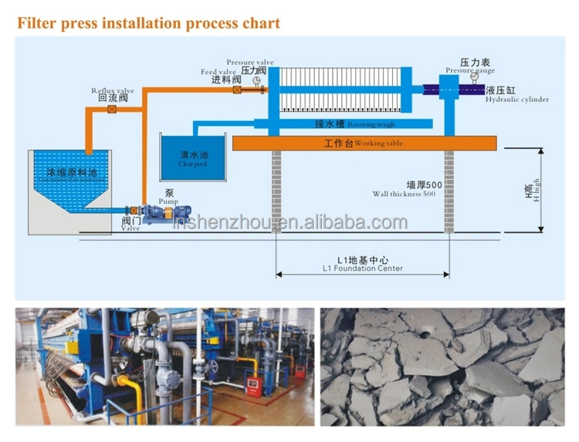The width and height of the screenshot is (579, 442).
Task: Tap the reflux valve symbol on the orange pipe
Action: [x=112, y=110]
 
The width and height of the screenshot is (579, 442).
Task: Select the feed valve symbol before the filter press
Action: [x=237, y=90]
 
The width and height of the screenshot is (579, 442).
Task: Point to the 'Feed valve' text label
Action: [x=219, y=76]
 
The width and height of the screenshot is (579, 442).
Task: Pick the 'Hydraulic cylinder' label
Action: [x=517, y=95]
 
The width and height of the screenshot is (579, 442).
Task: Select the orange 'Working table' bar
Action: [x=364, y=143]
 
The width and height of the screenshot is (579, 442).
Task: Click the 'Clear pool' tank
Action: [x=194, y=158]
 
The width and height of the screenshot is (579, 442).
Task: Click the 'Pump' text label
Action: [x=168, y=197]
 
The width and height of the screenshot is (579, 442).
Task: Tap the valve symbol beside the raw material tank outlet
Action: [x=134, y=210]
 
